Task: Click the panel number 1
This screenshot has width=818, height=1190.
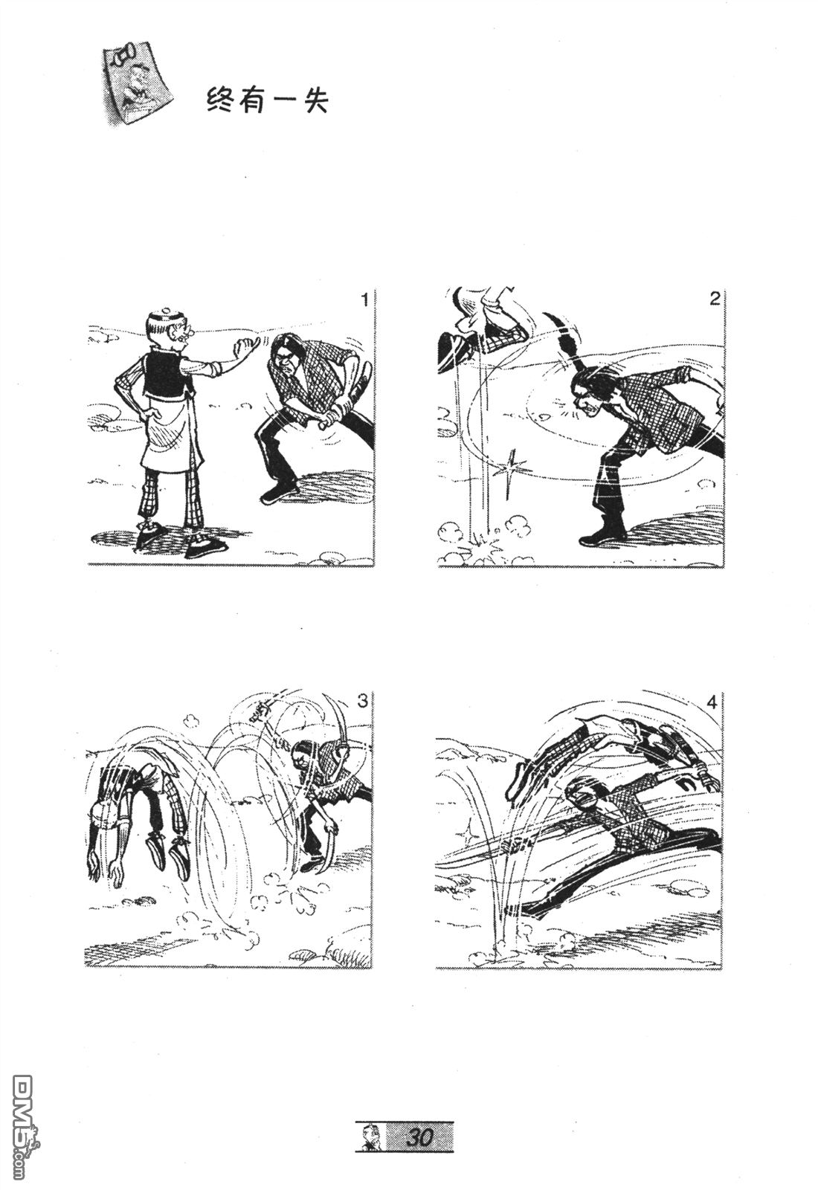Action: coord(364,300)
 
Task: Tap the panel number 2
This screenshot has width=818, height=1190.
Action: coord(715,299)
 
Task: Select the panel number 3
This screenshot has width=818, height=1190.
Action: coord(362,701)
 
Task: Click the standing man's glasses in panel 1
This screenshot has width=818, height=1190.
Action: coord(187,334)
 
